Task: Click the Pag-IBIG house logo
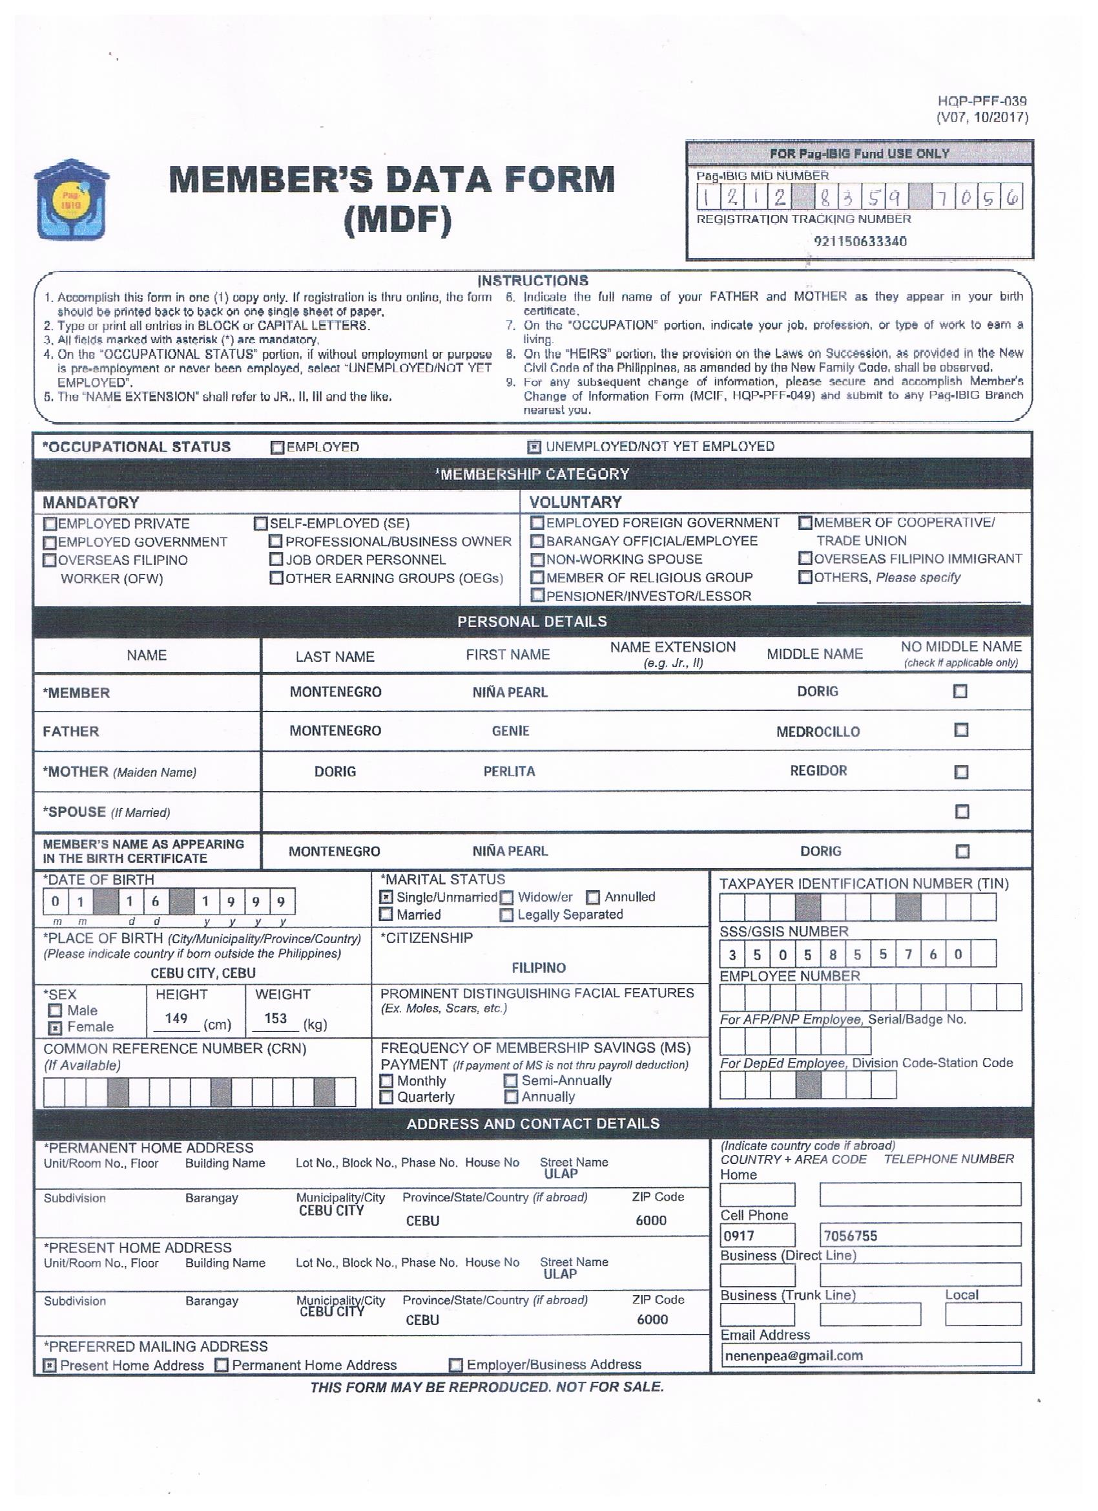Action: (72, 199)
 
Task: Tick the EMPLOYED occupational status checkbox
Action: (278, 448)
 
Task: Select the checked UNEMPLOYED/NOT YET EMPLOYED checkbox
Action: (534, 447)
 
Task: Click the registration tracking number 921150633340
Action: (860, 241)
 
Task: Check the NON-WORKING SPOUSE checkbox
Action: (537, 560)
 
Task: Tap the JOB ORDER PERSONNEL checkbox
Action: (276, 560)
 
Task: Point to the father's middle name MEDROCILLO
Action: (818, 732)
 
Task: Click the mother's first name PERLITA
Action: (510, 772)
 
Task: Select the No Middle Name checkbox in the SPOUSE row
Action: (962, 812)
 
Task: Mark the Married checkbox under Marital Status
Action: (386, 914)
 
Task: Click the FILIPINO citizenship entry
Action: (539, 967)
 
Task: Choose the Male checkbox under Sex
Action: (56, 1011)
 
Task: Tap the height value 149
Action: (176, 1019)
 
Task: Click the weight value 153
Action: (276, 1019)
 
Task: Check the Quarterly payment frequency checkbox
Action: (386, 1097)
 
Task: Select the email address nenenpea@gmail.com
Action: (794, 1356)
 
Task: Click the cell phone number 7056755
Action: (850, 1236)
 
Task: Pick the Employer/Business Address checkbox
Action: (456, 1365)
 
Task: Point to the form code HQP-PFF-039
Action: (982, 101)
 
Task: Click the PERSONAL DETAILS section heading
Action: (532, 622)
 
